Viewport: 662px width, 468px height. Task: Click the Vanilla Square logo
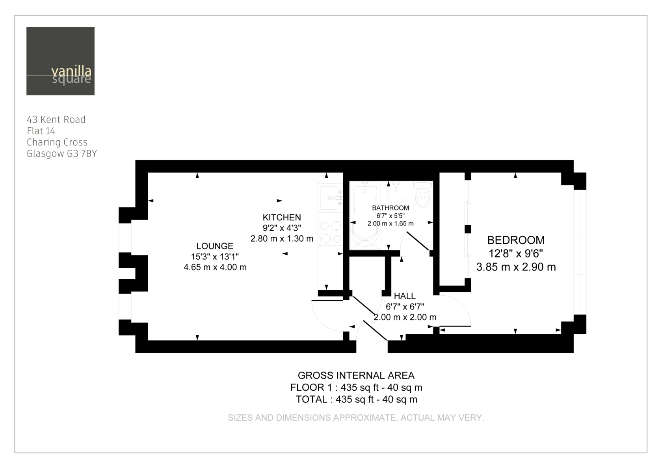click(x=60, y=61)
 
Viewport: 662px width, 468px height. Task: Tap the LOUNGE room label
click(x=215, y=246)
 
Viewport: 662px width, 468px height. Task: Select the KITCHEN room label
click(x=282, y=217)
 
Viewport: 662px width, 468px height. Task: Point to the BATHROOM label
click(x=391, y=208)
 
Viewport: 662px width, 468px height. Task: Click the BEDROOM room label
click(x=516, y=240)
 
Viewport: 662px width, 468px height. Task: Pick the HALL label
click(x=405, y=296)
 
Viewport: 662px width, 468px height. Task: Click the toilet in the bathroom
click(x=422, y=194)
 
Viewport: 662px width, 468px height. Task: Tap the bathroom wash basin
click(x=396, y=190)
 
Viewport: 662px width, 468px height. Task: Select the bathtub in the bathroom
click(x=365, y=215)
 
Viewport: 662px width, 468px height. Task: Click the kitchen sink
click(x=330, y=198)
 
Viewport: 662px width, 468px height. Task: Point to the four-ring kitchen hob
click(x=330, y=232)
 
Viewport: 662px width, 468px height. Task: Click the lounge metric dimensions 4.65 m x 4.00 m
click(x=215, y=267)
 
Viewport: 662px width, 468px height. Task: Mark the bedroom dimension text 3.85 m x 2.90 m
click(x=516, y=267)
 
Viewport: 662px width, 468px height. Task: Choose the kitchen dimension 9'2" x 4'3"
click(x=282, y=228)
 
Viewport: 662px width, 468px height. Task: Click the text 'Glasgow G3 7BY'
click(x=62, y=154)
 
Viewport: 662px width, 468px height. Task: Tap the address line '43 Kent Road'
click(x=56, y=119)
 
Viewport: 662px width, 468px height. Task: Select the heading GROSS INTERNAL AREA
click(x=356, y=375)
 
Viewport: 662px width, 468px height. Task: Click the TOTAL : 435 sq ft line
click(x=356, y=399)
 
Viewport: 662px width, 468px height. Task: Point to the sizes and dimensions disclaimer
click(x=356, y=418)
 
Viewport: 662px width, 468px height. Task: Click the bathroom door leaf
click(x=418, y=241)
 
